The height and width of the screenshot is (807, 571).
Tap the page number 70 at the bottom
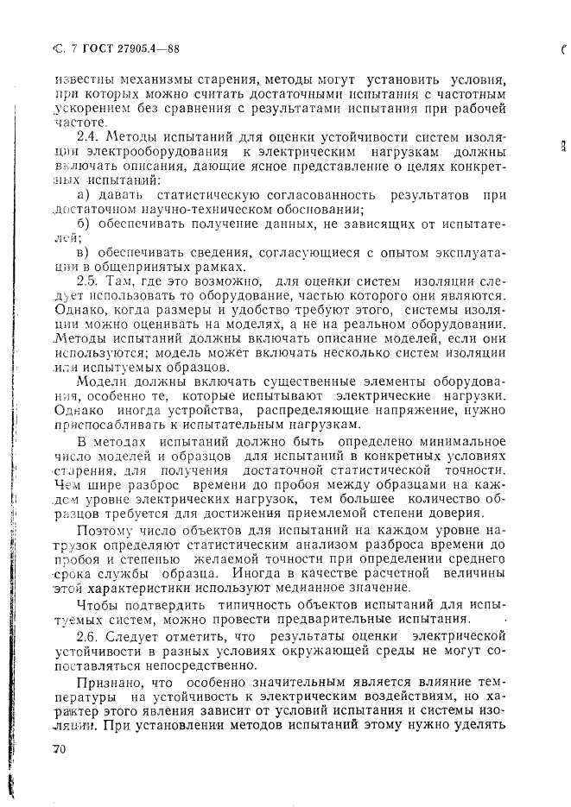59,750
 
